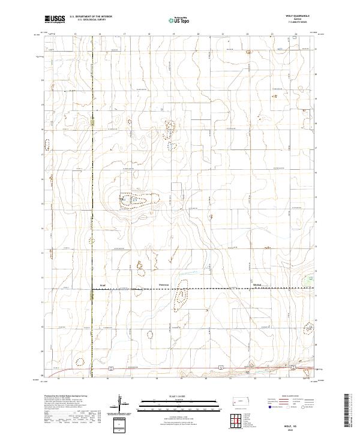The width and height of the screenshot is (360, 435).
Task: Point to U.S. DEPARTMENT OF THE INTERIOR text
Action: click(91, 16)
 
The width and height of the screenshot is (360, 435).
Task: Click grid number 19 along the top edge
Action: click(173, 34)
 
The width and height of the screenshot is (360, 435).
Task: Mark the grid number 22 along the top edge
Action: click(247, 34)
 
